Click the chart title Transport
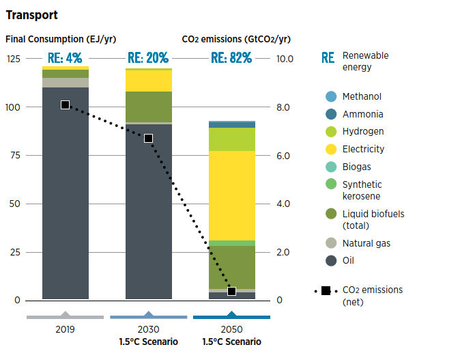coord(31,14)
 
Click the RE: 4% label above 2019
coord(65,58)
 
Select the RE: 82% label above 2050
coord(231,58)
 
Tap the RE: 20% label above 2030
coord(148,58)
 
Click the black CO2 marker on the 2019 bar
coord(65,105)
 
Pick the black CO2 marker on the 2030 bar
coord(148,138)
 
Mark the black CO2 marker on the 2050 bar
coord(231,291)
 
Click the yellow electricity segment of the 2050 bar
coord(231,195)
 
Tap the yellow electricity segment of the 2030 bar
coord(148,81)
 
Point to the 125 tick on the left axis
coord(14,59)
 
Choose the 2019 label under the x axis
coord(65,329)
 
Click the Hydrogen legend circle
coord(331,132)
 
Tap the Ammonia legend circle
coord(331,114)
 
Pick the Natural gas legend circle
coord(331,243)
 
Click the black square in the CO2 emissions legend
coord(326,291)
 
